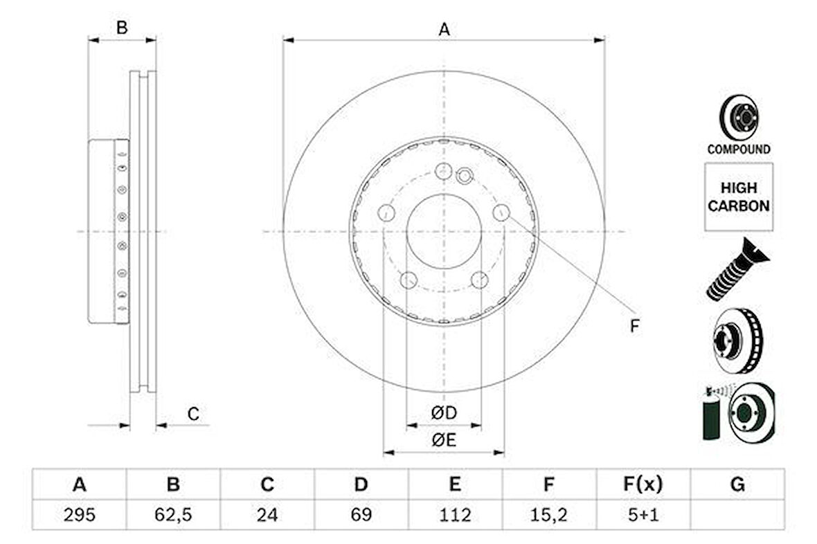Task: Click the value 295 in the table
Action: pyautogui.click(x=80, y=514)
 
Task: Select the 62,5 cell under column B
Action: pyautogui.click(x=173, y=514)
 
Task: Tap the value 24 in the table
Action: pyautogui.click(x=267, y=514)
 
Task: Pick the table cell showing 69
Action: pyautogui.click(x=361, y=514)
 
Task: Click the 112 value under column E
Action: pyautogui.click(x=455, y=514)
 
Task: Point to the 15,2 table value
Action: pyautogui.click(x=548, y=514)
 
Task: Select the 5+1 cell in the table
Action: pyautogui.click(x=643, y=514)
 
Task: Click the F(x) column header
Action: pyautogui.click(x=643, y=484)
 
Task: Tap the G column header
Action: pyautogui.click(x=737, y=484)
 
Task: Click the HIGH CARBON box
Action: pyautogui.click(x=738, y=197)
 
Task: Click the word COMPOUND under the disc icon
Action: pyautogui.click(x=738, y=149)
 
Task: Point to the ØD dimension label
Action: pyautogui.click(x=444, y=413)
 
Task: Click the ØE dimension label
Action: pyautogui.click(x=444, y=439)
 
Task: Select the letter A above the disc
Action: pyautogui.click(x=444, y=29)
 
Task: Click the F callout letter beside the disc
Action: pyautogui.click(x=634, y=325)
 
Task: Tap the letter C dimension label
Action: pyautogui.click(x=194, y=414)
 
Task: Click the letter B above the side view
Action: pyautogui.click(x=122, y=28)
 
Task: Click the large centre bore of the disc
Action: pyautogui.click(x=443, y=231)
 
